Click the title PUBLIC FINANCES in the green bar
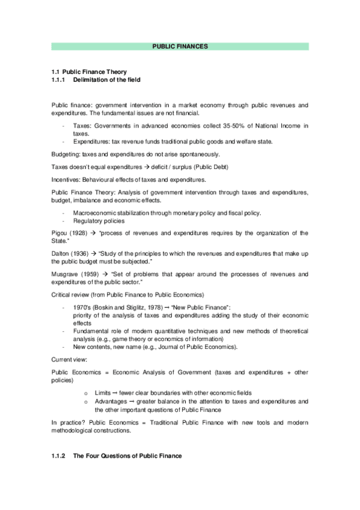180,46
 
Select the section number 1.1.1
59,80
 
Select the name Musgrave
66,274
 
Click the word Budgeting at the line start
66,155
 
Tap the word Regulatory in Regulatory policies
87,221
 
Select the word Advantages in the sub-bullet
110,401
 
